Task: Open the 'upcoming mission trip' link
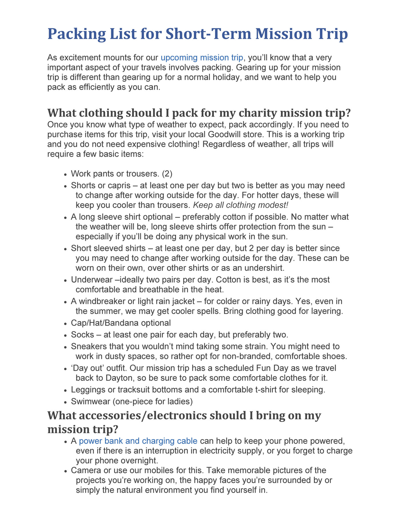pos(202,57)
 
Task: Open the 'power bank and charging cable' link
pos(138,441)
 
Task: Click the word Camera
pos(85,470)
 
